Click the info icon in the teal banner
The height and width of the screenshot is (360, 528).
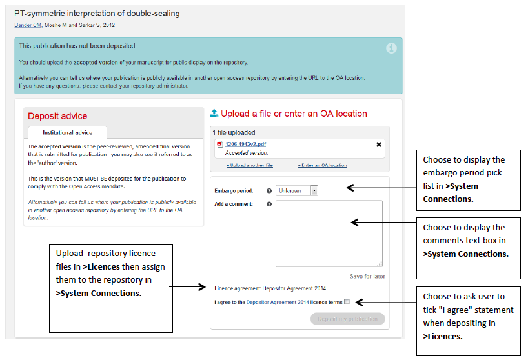pos(391,48)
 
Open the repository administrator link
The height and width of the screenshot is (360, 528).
pos(159,85)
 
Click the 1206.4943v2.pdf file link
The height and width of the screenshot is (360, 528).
pos(246,145)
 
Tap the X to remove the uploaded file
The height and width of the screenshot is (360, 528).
pos(379,145)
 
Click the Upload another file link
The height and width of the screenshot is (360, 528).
pos(249,165)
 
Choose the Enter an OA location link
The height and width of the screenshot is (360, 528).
pos(322,165)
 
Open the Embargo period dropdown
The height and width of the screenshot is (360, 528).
pos(297,190)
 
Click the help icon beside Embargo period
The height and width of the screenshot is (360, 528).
pos(269,191)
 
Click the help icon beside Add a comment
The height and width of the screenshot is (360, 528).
pos(269,205)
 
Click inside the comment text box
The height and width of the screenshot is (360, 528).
pos(329,232)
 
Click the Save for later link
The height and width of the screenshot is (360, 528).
pos(367,276)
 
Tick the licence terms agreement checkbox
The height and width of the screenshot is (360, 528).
pos(347,301)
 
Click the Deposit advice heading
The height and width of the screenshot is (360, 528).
pos(57,116)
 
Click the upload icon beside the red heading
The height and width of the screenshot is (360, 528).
pos(214,114)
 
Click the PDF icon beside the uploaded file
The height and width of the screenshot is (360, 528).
pos(219,145)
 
